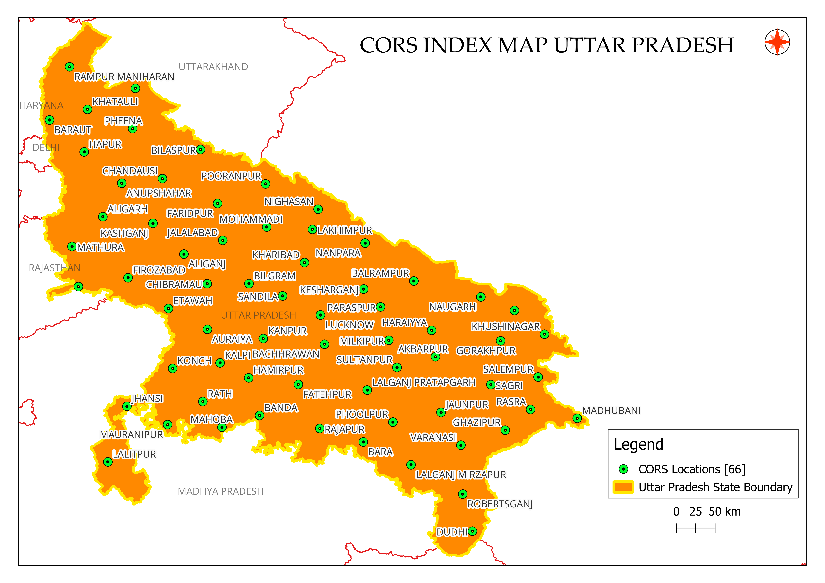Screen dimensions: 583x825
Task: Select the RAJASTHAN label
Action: coord(55,268)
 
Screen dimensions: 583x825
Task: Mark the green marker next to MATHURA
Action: coord(72,246)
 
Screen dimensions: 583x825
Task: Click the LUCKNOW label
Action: coord(349,325)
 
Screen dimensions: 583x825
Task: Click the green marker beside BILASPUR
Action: coord(201,149)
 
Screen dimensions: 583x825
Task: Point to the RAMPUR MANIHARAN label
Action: coord(124,77)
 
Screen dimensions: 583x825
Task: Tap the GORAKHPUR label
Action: coord(486,351)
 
